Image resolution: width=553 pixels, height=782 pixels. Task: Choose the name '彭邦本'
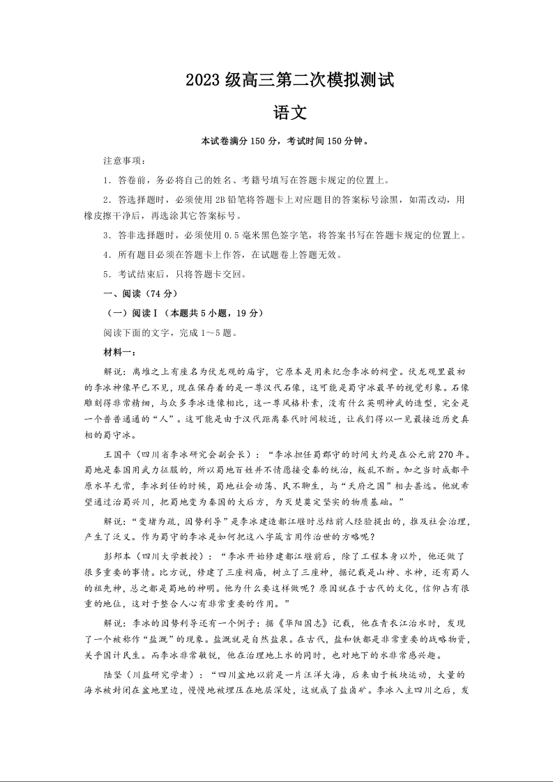tap(117, 557)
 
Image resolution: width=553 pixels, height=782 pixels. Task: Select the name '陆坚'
tap(113, 674)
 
